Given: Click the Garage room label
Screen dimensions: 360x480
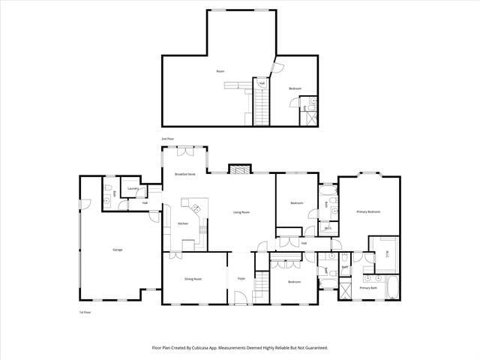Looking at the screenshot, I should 118,250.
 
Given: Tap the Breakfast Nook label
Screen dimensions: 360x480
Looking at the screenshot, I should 185,174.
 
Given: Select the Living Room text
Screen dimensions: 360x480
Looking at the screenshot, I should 241,212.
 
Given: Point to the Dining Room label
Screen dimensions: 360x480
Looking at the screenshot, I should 193,280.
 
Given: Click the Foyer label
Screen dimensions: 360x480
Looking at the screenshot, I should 241,279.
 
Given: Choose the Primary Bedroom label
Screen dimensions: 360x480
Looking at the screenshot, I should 368,212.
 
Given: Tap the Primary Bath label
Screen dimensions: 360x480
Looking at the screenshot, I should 368,288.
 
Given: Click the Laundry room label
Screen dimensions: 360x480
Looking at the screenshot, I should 133,189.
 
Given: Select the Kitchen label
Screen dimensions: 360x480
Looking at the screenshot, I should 182,224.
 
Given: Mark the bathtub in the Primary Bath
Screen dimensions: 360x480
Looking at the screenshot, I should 391,288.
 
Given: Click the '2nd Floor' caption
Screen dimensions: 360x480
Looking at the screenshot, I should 167,139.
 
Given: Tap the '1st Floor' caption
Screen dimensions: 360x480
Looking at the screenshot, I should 85,311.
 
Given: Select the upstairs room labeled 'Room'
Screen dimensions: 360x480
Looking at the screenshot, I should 220,71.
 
